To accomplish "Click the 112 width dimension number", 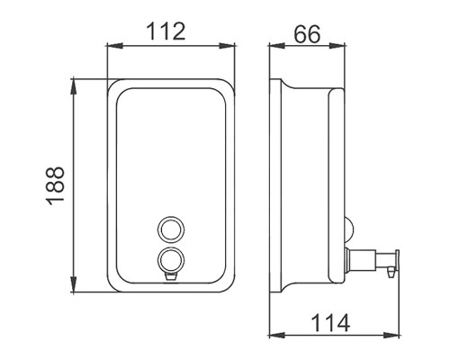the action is coord(166,31).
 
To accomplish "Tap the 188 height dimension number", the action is coord(56,186).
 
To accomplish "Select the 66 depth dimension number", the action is coord(307,34).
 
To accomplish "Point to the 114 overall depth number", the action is coord(330,322).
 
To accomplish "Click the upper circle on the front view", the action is coord(171,229).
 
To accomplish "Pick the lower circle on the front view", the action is coord(171,260).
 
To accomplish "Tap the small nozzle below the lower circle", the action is coord(171,277).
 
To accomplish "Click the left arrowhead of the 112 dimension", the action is coord(115,46).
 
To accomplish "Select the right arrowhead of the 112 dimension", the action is coord(227,46).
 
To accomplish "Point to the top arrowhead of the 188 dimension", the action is coord(73,87).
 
